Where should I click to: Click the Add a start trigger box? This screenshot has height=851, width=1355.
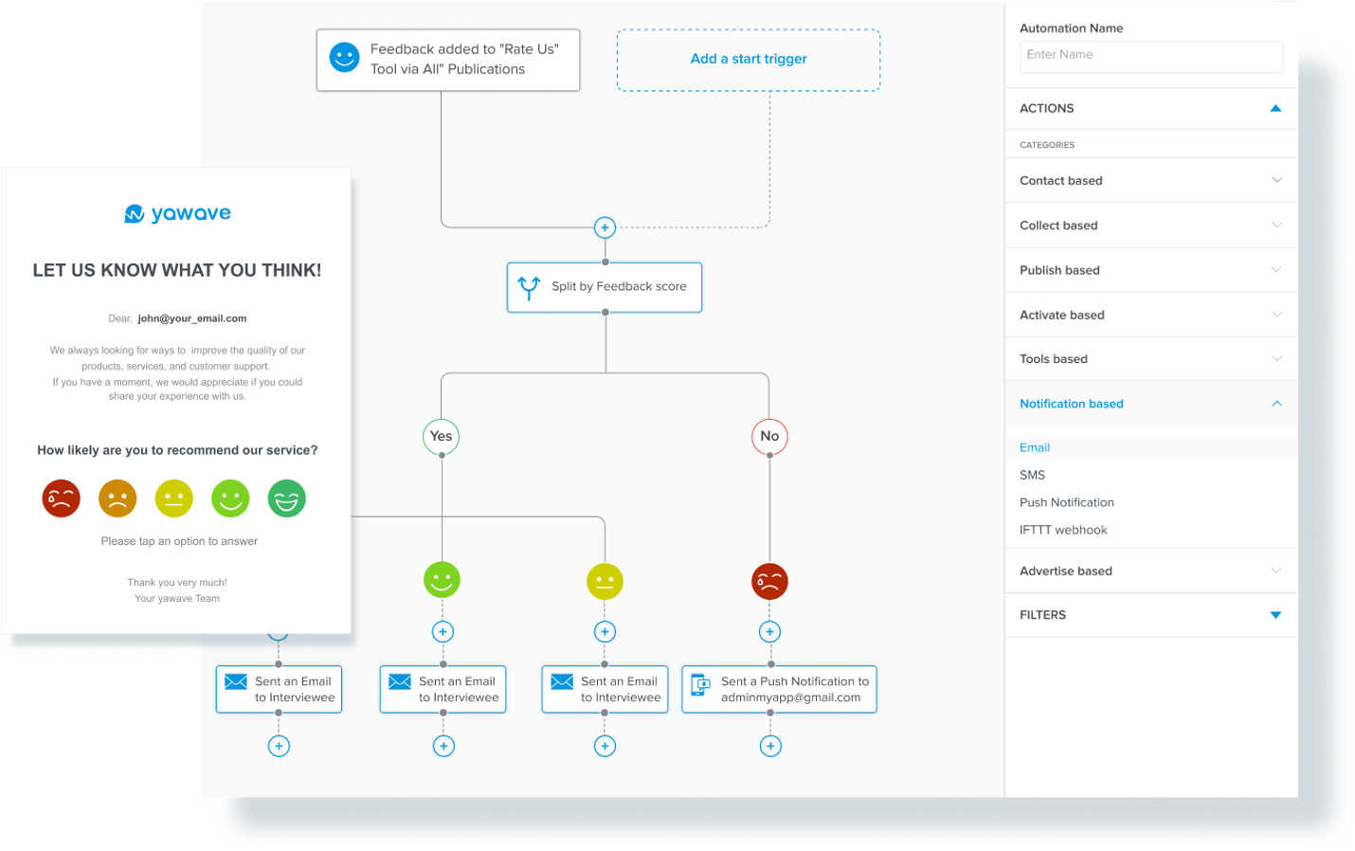tap(749, 60)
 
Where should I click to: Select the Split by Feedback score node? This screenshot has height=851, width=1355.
tap(605, 287)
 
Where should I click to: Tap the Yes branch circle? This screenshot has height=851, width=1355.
tap(441, 436)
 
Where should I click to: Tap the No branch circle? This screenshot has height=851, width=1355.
tap(769, 436)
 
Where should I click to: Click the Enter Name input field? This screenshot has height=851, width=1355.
tap(1150, 56)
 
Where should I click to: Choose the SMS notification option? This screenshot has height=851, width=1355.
tap(1032, 475)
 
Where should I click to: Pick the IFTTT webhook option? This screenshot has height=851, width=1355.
tap(1063, 530)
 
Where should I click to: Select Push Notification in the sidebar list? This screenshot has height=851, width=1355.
tap(1066, 502)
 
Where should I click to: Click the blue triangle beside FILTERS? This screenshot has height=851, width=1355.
tap(1275, 615)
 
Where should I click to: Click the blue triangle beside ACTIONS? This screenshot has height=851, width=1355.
tap(1275, 108)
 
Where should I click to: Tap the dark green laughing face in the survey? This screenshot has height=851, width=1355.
tap(287, 498)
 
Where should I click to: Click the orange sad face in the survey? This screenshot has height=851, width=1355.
tap(117, 498)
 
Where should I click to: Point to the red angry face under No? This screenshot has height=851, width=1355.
tap(769, 581)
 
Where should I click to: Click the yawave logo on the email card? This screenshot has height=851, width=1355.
tap(177, 213)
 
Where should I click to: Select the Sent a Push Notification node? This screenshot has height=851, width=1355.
tap(779, 690)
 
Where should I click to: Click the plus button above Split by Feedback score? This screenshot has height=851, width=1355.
tap(605, 227)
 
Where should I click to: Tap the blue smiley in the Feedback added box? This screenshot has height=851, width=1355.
tap(344, 58)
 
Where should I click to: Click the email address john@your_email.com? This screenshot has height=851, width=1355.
tap(192, 318)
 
